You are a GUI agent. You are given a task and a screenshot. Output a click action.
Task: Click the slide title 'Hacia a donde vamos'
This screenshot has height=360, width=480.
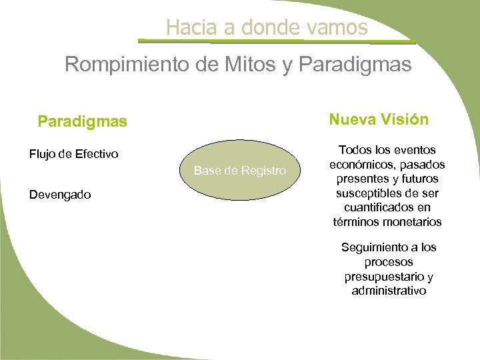(x=267, y=27)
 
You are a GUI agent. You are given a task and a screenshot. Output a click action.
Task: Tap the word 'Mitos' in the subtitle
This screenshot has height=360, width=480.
(x=241, y=65)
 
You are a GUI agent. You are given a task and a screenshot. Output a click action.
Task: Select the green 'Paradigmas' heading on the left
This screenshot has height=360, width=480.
(x=82, y=122)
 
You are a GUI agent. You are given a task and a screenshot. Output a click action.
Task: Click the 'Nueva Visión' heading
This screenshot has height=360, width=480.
(x=379, y=119)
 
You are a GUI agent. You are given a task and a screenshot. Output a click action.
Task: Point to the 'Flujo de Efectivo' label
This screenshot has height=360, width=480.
(x=74, y=155)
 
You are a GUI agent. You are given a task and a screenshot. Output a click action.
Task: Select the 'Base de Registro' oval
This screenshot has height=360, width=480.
(x=240, y=171)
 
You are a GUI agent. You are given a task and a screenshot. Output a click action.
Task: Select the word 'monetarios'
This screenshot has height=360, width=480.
(x=414, y=222)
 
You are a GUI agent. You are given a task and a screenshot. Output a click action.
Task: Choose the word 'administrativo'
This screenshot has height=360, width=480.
(x=388, y=291)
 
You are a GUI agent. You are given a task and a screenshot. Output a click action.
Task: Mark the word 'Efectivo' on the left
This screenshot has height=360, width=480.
(x=96, y=155)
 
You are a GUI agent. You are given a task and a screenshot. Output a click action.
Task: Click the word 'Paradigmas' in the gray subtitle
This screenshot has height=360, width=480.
(x=356, y=65)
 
